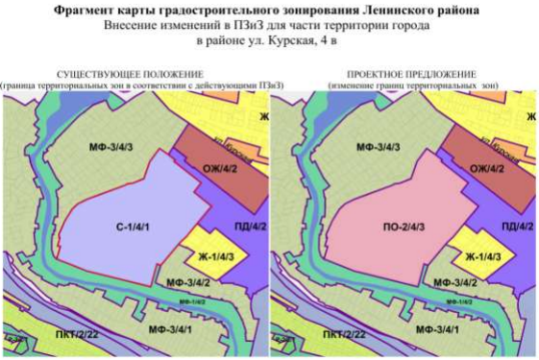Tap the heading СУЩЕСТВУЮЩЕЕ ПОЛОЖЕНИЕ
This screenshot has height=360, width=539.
click(130, 75)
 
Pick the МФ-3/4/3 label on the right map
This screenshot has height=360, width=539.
click(379, 149)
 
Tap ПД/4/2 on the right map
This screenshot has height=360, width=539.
click(516, 226)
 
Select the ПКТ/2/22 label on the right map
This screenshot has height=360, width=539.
click(343, 335)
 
